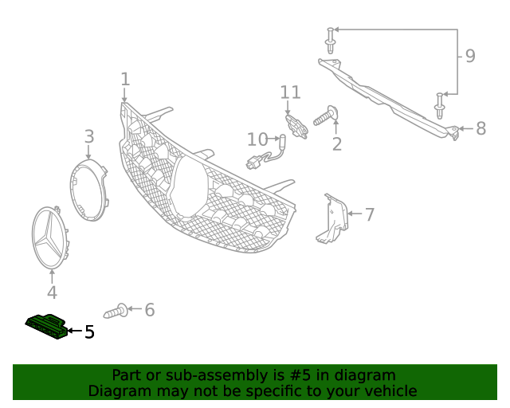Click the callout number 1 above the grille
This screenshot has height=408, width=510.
pos(124,79)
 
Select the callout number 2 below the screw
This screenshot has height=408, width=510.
pos(337,144)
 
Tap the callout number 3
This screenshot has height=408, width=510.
pos(89,137)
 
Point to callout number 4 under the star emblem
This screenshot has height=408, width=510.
pos(52,292)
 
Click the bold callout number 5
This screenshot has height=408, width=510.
pos(89,331)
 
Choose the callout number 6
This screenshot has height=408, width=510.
pos(149,309)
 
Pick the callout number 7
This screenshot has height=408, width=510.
pos(369,214)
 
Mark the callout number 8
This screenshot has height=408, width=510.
pos(481,128)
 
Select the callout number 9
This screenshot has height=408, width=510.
pos(470,56)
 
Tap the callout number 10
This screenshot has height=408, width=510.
pos(257,139)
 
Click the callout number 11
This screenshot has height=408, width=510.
pos(289,93)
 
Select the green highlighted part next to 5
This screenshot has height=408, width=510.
pos(46,326)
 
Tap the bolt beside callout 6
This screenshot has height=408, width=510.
pos(116,310)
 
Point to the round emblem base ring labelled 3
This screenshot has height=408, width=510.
pos(87,188)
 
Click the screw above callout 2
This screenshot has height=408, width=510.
pos(327,117)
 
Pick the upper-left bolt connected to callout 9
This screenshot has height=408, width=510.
pos(330,39)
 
